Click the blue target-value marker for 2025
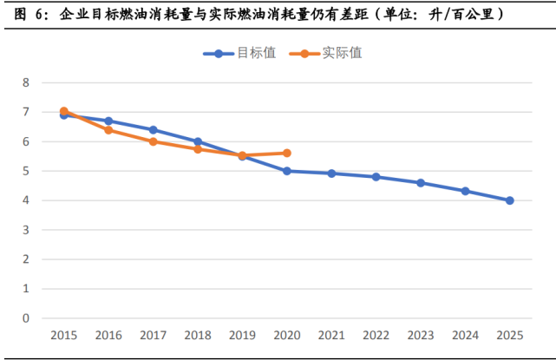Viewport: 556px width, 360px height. click(509, 200)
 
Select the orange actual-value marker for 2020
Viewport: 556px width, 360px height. click(286, 153)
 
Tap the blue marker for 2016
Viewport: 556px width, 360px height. click(108, 121)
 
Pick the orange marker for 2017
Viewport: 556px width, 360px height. click(153, 141)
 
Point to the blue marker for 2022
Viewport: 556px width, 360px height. click(376, 177)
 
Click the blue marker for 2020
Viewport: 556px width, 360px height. click(286, 171)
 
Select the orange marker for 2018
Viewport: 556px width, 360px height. click(198, 149)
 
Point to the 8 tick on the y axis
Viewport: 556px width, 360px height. click(26, 83)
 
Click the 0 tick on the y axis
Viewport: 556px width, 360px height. click(26, 318)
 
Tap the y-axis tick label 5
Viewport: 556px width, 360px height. click(26, 171)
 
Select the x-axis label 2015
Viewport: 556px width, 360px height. click(63, 335)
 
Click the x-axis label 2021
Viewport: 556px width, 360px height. click(330, 335)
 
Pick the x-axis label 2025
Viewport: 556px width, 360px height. click(509, 335)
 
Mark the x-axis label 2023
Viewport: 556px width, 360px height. click(420, 335)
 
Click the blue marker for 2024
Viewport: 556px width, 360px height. click(465, 191)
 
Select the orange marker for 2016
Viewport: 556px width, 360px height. click(108, 130)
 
